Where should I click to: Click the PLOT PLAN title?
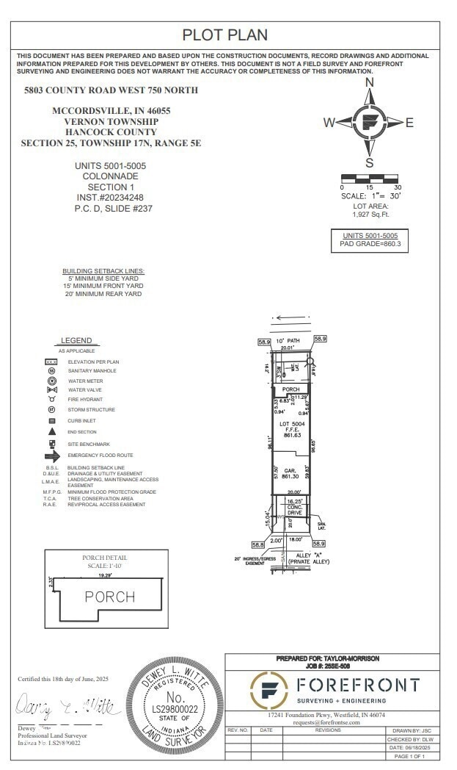224,35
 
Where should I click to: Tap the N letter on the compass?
370,82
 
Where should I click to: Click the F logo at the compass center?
370,123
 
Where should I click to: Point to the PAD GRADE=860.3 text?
370,243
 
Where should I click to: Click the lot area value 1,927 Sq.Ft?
370,215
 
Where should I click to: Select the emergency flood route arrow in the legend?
52,456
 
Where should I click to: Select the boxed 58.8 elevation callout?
257,544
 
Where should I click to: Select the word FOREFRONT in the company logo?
358,686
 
